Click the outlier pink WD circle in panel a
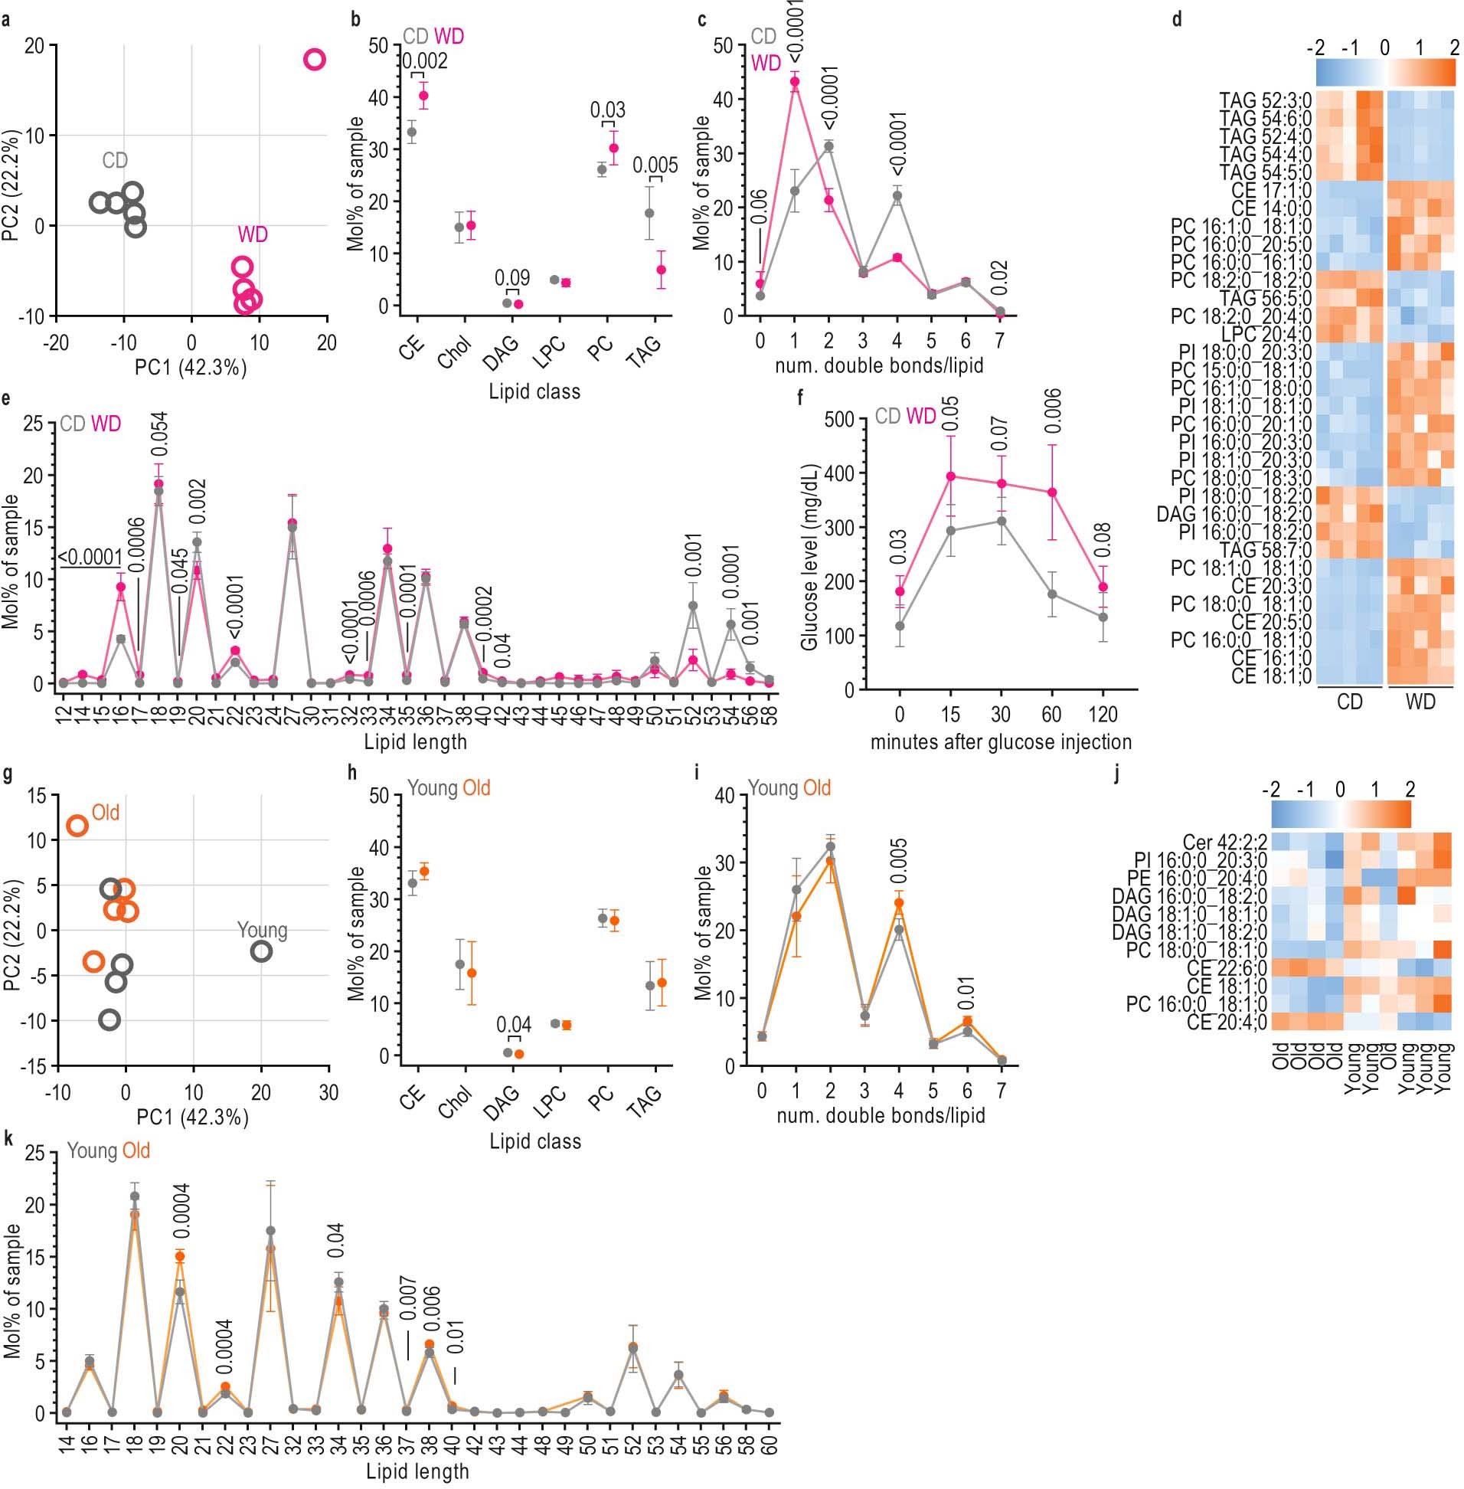click(315, 59)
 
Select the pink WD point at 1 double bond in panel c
click(795, 81)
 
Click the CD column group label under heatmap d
click(1350, 702)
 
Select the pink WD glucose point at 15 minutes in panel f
click(951, 476)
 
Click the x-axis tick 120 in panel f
click(1103, 715)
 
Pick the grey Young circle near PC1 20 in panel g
click(261, 951)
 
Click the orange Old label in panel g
click(106, 813)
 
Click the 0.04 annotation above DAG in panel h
click(513, 1025)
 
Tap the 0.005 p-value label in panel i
click(900, 864)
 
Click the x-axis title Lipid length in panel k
click(417, 1471)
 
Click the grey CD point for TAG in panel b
click(650, 213)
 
